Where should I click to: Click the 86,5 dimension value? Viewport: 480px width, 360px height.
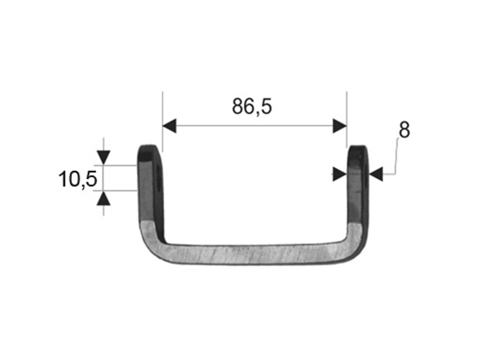tap(251, 106)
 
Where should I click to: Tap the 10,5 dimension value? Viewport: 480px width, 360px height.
tap(78, 179)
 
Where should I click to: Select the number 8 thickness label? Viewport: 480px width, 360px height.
tap(404, 130)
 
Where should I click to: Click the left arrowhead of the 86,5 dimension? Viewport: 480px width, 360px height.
tap(169, 125)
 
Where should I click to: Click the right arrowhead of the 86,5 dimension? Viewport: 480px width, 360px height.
tap(340, 125)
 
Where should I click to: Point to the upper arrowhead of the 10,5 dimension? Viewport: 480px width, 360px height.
tap(103, 157)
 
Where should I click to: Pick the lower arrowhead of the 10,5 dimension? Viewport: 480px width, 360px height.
tap(103, 199)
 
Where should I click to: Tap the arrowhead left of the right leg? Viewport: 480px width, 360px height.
tap(340, 174)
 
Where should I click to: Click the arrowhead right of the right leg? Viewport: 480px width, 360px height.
tap(376, 174)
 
